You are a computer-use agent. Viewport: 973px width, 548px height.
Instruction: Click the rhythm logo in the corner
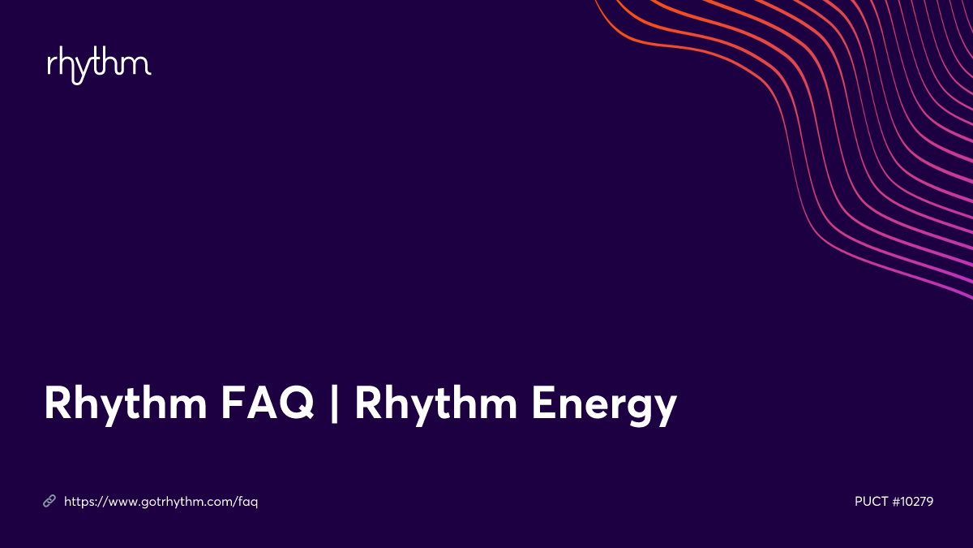point(99,66)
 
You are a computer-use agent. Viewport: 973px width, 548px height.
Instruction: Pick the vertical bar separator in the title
point(334,404)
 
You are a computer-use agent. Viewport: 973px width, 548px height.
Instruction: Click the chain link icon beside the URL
point(49,502)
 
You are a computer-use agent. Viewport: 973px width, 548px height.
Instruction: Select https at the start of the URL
point(78,502)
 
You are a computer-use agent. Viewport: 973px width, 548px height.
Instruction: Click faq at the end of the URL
point(247,503)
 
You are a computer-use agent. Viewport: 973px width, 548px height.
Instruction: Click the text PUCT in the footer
point(871,502)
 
